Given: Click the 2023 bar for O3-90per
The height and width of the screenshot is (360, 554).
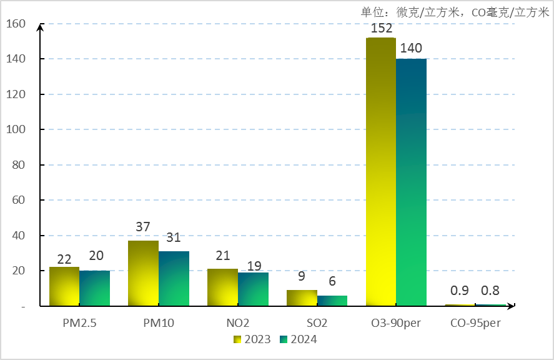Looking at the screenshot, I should coord(381,172).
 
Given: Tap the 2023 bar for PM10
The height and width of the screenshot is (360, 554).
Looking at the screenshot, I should coord(143,273).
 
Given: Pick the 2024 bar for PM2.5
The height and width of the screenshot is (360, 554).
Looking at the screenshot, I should coord(95,288).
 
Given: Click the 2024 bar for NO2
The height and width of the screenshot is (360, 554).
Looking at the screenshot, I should coord(253,289).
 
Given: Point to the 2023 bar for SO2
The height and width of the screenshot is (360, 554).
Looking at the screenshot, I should coord(302,298).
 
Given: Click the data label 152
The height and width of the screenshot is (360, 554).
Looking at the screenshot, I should coord(381,28).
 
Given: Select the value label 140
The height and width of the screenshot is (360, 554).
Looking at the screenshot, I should coord(411,48).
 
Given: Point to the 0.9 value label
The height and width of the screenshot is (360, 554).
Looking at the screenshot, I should coord(459,291).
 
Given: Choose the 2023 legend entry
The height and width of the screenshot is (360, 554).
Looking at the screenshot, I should coord(252,339).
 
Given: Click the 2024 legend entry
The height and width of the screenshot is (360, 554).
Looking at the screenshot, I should coord(299,339).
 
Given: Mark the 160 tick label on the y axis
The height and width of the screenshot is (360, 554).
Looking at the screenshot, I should coord(16,24).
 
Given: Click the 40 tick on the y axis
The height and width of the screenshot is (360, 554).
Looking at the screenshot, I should coord(19,236).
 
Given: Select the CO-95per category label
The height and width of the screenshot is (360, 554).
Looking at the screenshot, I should coord(475,324).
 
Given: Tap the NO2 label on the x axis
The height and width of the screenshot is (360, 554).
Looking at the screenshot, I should coord(238,324).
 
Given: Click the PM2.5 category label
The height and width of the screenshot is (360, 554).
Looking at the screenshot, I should coord(80,324).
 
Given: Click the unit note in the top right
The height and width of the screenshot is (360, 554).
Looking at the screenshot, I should coord(455,12).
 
